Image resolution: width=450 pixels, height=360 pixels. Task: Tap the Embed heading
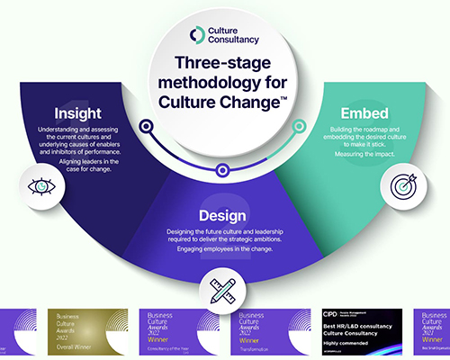(x=365, y=115)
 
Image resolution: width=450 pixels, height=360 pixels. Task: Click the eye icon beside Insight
(x=40, y=186)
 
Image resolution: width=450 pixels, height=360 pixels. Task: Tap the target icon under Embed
(x=402, y=185)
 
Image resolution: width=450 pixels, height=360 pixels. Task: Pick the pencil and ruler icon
(x=223, y=290)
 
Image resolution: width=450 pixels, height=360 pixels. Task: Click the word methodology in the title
(x=211, y=83)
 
